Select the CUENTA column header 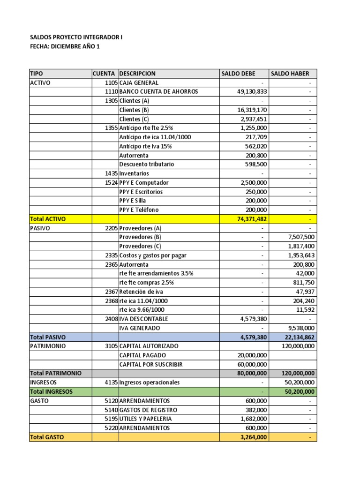coord(104,74)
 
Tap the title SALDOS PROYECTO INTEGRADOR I coord(76,37)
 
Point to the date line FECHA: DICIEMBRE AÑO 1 coord(65,46)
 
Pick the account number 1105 coord(112,82)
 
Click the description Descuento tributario coord(147,165)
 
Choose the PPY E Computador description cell coord(144,183)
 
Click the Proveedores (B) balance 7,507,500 coord(300,237)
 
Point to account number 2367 coord(112,292)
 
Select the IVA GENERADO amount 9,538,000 coord(300,328)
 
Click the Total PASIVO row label coord(47,337)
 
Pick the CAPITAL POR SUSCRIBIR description coord(151,364)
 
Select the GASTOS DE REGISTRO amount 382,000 coord(256,410)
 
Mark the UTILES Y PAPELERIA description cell coord(145,419)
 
